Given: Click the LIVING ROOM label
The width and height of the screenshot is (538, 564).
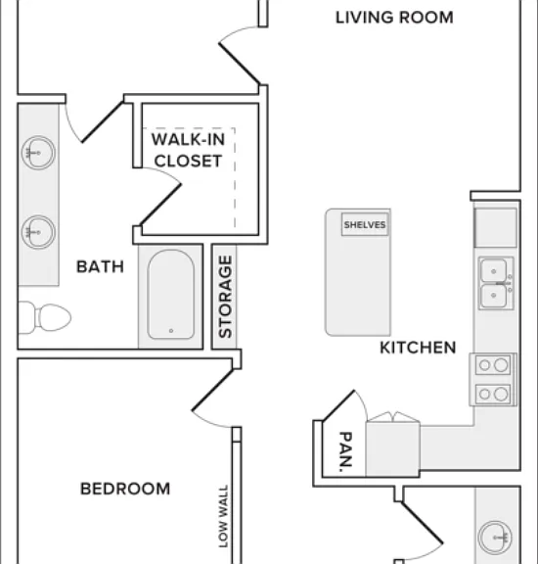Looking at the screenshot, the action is coord(394,18).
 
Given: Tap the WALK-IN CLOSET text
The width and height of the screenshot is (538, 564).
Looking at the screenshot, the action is coord(188,150).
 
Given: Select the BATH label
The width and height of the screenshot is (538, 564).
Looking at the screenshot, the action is coord(101,266).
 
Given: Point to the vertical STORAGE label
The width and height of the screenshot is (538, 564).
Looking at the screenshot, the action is coord(225,297).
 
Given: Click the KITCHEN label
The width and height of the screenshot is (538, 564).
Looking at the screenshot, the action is coord(418,348).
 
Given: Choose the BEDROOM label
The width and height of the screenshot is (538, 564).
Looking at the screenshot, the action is coord(125,489).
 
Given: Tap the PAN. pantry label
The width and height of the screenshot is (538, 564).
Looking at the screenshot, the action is coord(345,451).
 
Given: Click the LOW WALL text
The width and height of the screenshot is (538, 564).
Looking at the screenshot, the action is coord(223,517).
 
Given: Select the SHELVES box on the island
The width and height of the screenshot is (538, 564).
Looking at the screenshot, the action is coord(365,224).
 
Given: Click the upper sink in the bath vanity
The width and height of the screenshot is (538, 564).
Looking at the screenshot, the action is coord(38,153).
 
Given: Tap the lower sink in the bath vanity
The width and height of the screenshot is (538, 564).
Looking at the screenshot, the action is coord(38,232).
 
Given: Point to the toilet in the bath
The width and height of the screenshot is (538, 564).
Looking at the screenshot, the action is coord(45,317).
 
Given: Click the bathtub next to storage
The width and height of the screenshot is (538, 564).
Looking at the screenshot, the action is coord(171,295).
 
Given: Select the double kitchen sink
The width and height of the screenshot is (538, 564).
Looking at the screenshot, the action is coord(496,283).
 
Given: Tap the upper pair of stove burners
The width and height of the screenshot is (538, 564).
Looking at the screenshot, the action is coord(493,365).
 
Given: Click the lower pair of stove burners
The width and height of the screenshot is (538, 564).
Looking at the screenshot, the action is coord(493,394).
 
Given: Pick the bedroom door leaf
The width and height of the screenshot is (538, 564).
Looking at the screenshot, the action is coord(212,390).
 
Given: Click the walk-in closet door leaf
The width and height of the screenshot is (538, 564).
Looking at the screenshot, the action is coord(160,205).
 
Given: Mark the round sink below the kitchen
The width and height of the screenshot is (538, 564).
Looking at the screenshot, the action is coord(495,538).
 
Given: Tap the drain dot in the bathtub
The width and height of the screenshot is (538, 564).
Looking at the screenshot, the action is coord(171,331).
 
